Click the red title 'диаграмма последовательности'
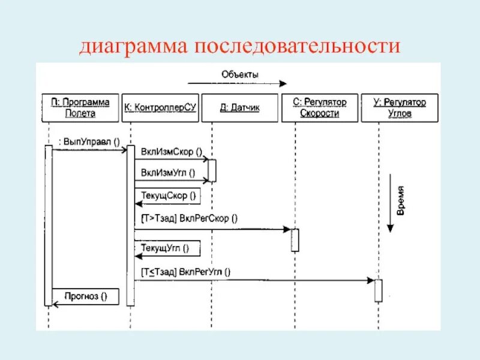239,47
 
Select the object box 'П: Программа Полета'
80,107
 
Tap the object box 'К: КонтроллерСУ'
160,108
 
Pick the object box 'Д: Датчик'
239,108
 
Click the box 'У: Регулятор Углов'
400,107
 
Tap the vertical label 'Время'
401,200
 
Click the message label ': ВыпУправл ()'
89,142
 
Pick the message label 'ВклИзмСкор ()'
171,151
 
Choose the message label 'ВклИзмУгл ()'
168,173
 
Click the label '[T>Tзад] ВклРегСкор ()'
189,218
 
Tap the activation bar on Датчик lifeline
212,170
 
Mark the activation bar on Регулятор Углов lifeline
378,290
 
